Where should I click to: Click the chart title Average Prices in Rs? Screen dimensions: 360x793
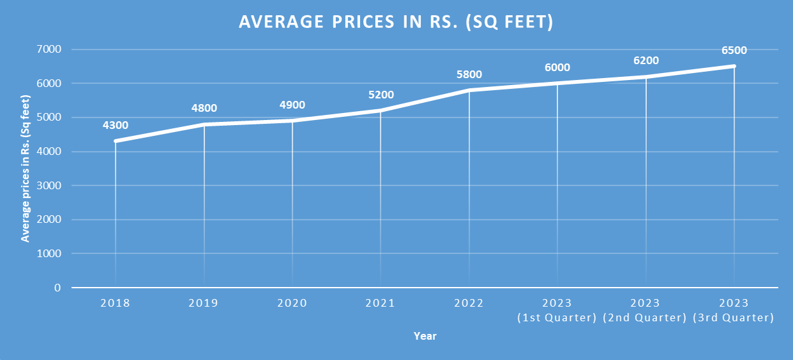coord(396,22)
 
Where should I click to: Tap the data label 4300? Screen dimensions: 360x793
coord(115,125)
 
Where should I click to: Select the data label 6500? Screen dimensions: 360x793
coord(734,50)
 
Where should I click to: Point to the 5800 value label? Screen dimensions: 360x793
coord(469,74)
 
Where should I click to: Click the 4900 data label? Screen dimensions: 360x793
coord(292,105)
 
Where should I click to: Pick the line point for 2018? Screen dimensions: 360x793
coord(115,141)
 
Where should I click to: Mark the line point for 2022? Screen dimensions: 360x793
coord(469,90)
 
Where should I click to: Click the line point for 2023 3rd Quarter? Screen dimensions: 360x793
coord(734,66)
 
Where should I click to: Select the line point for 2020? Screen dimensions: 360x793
coord(292,121)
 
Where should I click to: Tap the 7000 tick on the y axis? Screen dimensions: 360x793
coord(49,50)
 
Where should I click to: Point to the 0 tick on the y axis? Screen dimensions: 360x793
coord(58,288)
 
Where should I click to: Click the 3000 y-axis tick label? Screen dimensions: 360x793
coord(49,185)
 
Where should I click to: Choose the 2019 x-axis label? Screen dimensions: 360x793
coord(203,303)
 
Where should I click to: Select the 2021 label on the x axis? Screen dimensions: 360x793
coord(380,303)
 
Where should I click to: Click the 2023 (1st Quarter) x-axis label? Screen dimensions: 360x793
coord(557,310)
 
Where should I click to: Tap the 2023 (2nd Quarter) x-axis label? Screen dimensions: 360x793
coord(646,310)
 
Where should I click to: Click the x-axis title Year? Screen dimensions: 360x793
coord(425,336)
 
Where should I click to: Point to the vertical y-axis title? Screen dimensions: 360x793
coord(26,168)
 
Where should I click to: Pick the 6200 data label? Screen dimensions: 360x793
coord(646,61)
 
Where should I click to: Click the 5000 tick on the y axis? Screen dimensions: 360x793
coord(49,117)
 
